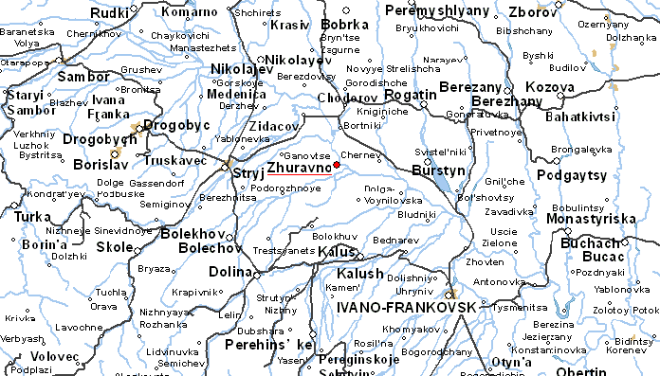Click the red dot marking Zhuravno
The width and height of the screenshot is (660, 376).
[337, 165]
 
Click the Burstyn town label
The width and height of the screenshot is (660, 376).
[439, 170]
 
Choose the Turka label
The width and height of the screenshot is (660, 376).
[35, 216]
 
